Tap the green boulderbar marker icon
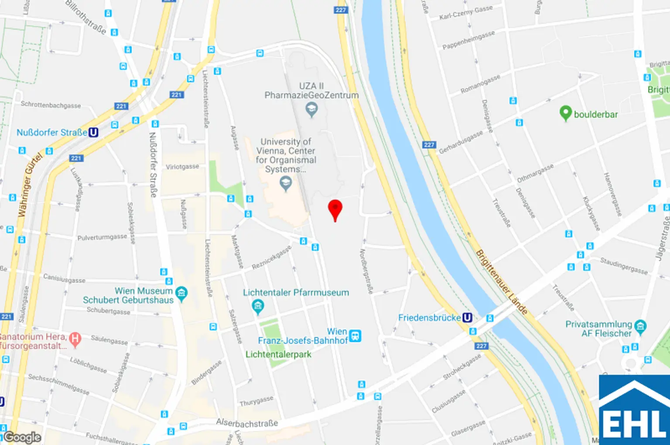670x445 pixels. coord(565,113)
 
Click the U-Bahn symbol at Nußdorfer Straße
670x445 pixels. coord(93,132)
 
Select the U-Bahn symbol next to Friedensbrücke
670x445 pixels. coord(467,318)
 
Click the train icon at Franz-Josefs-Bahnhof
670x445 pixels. coord(355,336)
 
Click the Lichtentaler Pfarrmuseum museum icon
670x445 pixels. coord(258,306)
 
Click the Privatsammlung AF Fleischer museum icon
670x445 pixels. coord(640,326)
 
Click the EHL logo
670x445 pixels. coord(634,410)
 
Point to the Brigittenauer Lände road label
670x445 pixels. coord(501,282)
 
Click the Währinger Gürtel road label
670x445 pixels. coord(31,185)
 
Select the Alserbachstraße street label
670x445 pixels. coord(247,423)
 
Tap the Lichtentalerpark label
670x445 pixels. coord(278,354)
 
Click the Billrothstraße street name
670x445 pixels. coord(86,17)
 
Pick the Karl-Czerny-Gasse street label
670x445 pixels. coord(465,13)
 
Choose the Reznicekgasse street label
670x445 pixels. coord(271,257)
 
